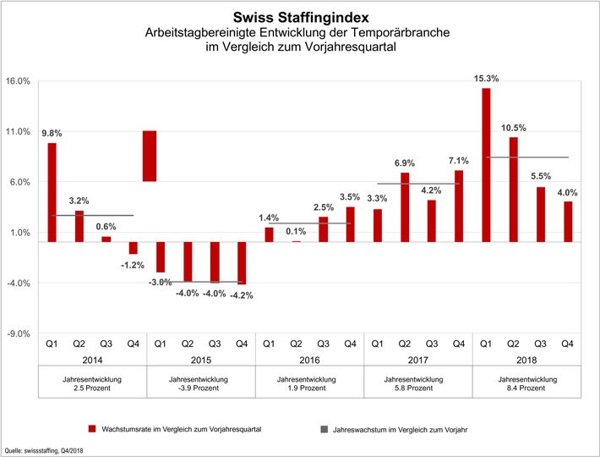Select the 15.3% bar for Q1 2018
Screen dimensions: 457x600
tap(486, 165)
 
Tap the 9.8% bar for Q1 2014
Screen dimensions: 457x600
tap(52, 192)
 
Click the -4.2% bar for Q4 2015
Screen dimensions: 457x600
tap(242, 262)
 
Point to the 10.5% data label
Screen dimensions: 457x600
tap(513, 128)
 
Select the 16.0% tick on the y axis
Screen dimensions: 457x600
tap(18, 81)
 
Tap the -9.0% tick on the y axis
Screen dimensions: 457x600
tap(18, 333)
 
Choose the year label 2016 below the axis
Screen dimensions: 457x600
tap(309, 359)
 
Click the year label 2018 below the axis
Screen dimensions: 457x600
tap(526, 359)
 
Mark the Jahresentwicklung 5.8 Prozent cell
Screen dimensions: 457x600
tap(417, 383)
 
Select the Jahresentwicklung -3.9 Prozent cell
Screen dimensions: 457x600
tap(200, 383)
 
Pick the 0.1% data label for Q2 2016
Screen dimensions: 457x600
tap(296, 232)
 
